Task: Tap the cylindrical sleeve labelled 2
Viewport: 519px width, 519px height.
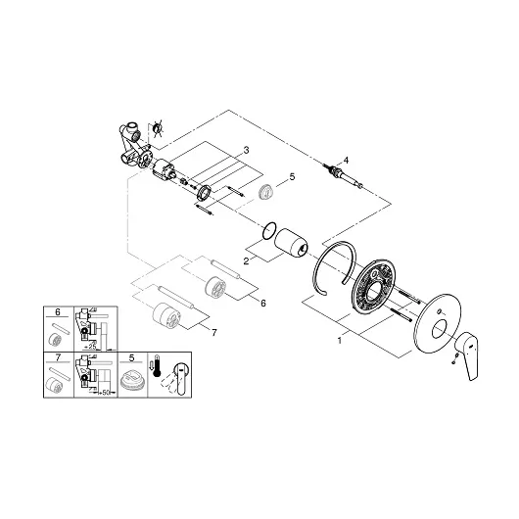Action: point(294,242)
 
